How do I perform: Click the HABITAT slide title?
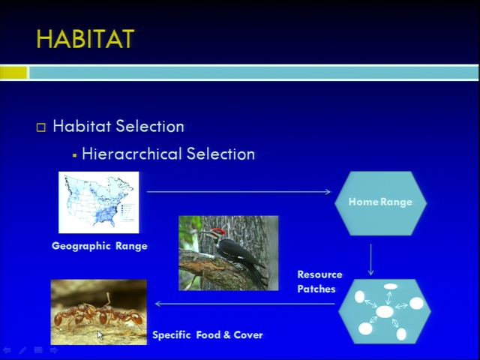[85, 39]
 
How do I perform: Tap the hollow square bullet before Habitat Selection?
[41, 127]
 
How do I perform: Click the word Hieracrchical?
[132, 154]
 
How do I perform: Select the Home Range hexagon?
[380, 203]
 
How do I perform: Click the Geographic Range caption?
[100, 246]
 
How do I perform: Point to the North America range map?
[98, 202]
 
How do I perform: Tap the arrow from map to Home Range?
[238, 192]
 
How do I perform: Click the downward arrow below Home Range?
[370, 259]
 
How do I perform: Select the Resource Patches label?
[319, 282]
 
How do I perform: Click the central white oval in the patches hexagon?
[385, 312]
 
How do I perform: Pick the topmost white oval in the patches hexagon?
[391, 286]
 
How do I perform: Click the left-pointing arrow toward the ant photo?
[245, 304]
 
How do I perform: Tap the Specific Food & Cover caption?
[208, 335]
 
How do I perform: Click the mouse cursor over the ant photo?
[100, 335]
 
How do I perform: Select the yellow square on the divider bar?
[13, 73]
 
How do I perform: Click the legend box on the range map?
[127, 212]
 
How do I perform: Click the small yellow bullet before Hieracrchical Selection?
[74, 155]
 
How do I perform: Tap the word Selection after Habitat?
[150, 126]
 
